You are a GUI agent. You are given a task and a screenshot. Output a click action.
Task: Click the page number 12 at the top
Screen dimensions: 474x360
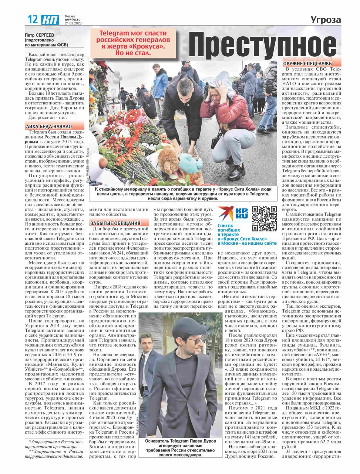point(33,20)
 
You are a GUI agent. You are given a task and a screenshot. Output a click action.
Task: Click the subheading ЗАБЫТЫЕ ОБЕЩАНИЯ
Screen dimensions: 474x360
point(115,223)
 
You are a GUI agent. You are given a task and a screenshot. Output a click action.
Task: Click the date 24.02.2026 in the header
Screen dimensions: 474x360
point(73,23)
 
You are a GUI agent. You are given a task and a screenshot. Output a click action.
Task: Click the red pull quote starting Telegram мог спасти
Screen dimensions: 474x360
point(134,43)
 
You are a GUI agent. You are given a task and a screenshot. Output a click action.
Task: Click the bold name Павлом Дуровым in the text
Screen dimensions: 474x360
point(63,139)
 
